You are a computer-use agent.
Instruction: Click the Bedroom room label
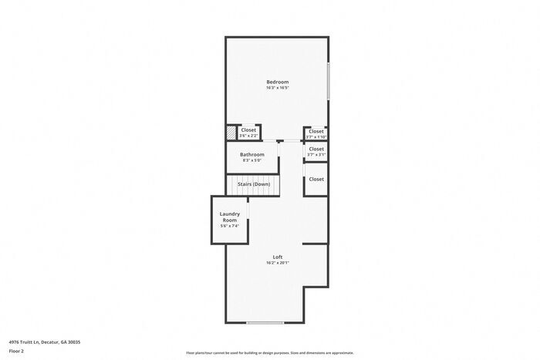pos(277,82)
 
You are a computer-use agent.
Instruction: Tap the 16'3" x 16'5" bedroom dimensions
pos(277,88)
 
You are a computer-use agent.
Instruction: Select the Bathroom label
pos(252,154)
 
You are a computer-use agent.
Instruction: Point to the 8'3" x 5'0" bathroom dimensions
pos(252,160)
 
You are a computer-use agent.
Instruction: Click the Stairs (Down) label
pos(253,184)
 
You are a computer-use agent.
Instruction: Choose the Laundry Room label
pos(230,217)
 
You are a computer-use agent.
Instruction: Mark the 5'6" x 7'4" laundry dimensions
pos(230,226)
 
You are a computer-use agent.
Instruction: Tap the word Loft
pos(278,257)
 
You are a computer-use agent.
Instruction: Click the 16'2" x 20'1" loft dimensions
pos(278,263)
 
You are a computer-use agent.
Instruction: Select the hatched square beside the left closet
pos(231,133)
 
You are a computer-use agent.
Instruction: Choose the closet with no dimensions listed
pos(316,179)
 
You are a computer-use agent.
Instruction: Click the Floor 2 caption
pos(17,351)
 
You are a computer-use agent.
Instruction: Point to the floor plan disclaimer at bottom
pos(269,353)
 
